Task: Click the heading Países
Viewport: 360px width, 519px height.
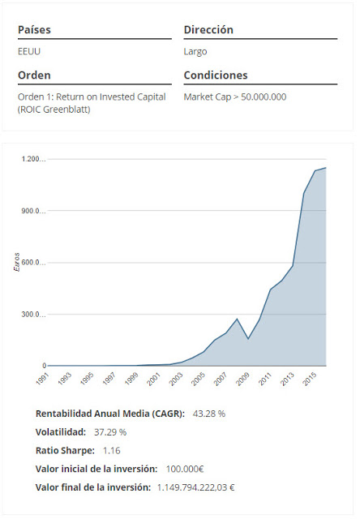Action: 34,30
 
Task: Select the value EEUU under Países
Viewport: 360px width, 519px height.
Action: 28,51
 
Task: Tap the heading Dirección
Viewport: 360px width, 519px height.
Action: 208,30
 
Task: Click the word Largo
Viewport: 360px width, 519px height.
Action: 195,51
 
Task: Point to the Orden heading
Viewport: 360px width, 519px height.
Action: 34,75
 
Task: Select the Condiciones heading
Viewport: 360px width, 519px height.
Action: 215,75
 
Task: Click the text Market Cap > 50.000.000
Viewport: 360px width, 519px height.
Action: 234,97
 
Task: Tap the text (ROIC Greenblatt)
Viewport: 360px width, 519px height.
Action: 54,109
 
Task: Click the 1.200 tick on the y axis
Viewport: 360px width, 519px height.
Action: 34,159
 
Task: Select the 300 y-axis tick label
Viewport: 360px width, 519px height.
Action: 36,315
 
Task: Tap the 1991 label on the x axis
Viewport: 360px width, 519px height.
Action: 41,379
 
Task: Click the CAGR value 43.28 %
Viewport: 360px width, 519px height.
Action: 208,414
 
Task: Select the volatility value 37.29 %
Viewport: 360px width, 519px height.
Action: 110,432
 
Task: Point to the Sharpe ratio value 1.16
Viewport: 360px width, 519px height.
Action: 111,450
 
